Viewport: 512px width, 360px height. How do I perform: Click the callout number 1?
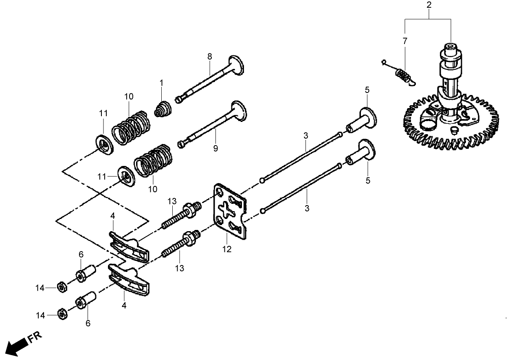pos(161,83)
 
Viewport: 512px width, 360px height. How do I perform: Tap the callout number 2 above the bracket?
pos(428,5)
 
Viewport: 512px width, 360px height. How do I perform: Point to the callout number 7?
pos(404,41)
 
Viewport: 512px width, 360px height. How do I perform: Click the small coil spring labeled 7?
pos(402,75)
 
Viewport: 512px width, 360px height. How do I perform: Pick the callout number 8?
pos(210,57)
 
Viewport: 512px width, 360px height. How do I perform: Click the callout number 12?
pos(227,250)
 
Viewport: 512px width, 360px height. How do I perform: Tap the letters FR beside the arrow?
pos(35,336)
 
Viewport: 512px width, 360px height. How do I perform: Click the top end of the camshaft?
pos(451,47)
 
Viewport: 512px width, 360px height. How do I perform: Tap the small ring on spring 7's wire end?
pos(383,62)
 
